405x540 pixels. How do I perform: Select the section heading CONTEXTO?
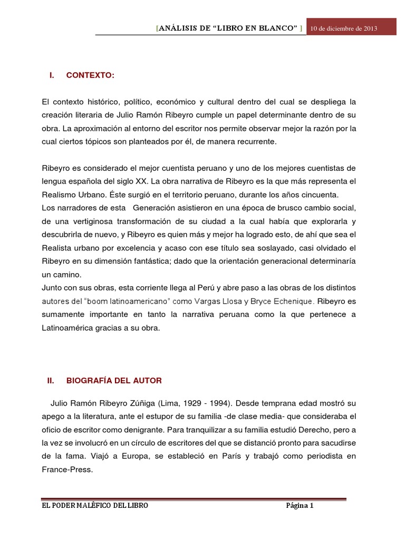(x=90, y=75)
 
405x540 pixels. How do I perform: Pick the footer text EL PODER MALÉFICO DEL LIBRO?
(x=95, y=506)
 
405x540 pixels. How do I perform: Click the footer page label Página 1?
(x=300, y=506)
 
